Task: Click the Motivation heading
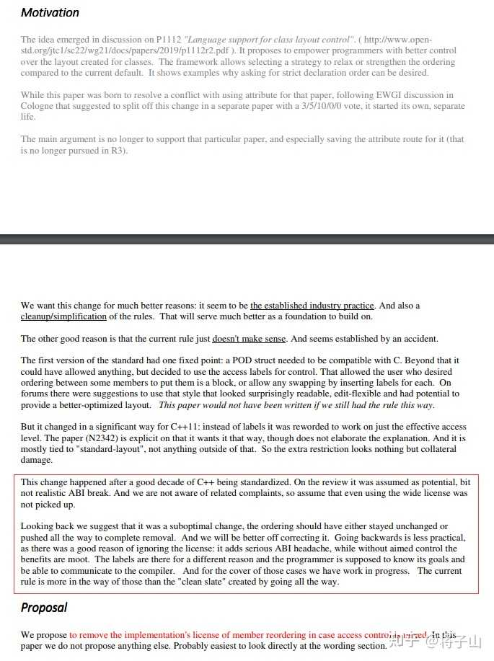click(50, 12)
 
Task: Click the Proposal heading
click(44, 607)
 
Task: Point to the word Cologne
click(40, 106)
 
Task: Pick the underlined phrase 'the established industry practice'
click(312, 306)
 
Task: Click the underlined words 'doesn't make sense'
click(249, 338)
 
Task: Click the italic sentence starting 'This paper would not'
click(296, 404)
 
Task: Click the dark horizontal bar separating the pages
click(247, 239)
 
